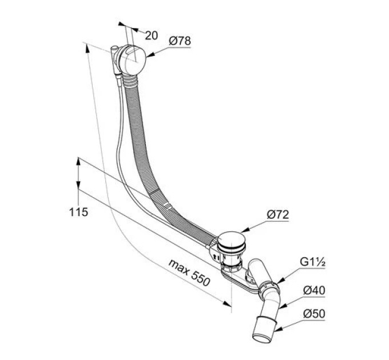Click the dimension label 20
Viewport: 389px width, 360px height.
pyautogui.click(x=152, y=35)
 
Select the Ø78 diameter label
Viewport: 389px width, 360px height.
pyautogui.click(x=180, y=41)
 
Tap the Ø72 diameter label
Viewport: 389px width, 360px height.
pyautogui.click(x=278, y=215)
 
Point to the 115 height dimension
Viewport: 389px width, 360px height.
pyautogui.click(x=78, y=213)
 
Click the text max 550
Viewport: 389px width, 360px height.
pyautogui.click(x=189, y=273)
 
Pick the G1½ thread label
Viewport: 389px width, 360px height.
pyautogui.click(x=312, y=262)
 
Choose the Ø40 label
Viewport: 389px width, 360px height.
pyautogui.click(x=314, y=290)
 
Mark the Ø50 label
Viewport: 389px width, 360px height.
pyautogui.click(x=314, y=314)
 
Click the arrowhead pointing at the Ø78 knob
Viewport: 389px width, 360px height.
pyautogui.click(x=150, y=55)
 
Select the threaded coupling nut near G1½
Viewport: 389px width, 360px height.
pyautogui.click(x=269, y=289)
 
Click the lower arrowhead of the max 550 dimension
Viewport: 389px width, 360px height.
pyautogui.click(x=227, y=304)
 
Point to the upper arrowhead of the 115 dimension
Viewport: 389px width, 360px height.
pyautogui.click(x=78, y=162)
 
